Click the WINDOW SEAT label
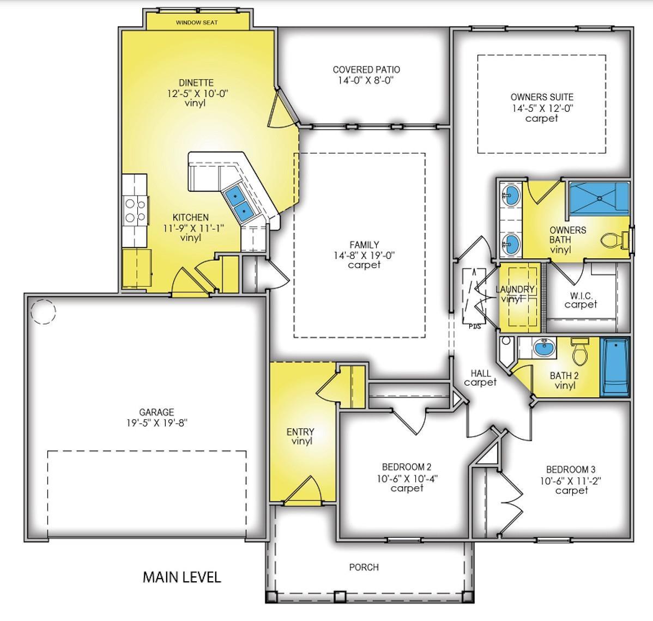click(197, 22)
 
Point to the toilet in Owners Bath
click(615, 240)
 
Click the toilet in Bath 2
click(580, 351)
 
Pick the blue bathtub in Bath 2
click(615, 367)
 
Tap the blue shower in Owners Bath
click(599, 198)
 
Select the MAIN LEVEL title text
click(182, 577)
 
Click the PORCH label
click(364, 567)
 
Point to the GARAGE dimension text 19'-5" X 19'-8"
click(157, 423)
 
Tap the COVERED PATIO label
click(366, 70)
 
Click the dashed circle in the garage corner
click(43, 312)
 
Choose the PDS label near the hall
click(475, 326)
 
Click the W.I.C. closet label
click(582, 295)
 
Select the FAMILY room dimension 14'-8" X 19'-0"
click(364, 255)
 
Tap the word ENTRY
click(300, 431)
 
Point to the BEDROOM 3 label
click(571, 470)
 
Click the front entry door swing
click(304, 491)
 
